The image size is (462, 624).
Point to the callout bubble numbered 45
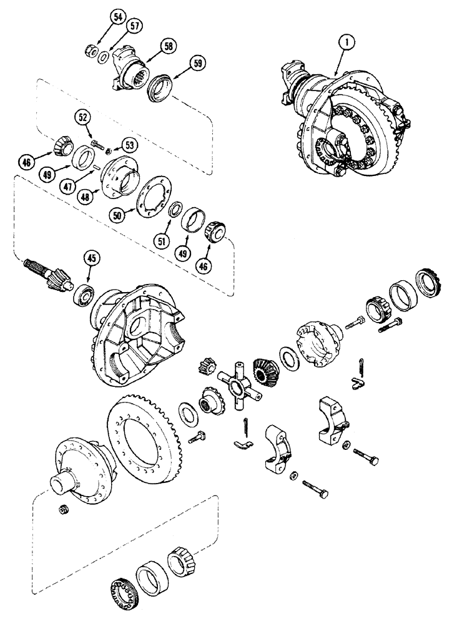point(91,258)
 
